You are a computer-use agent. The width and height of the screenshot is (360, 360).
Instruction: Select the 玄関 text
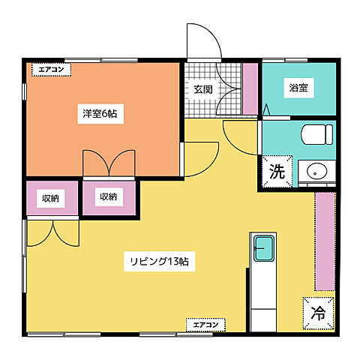(x=202, y=89)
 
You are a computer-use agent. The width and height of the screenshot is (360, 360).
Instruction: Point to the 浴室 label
(x=298, y=88)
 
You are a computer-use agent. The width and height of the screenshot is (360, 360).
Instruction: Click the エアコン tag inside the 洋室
(x=51, y=70)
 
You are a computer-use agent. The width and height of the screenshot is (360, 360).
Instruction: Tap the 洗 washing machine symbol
(x=277, y=170)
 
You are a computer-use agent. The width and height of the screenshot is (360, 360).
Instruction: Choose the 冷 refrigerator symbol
(x=318, y=311)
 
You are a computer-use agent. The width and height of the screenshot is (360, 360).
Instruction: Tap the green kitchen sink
(x=263, y=245)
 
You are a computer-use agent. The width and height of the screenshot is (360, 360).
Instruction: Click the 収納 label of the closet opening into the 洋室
(x=108, y=197)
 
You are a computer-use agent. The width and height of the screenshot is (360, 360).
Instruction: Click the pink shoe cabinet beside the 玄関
(x=250, y=89)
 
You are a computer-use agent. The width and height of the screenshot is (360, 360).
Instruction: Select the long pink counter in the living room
(x=325, y=241)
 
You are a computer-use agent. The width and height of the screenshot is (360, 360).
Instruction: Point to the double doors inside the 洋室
(x=109, y=163)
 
